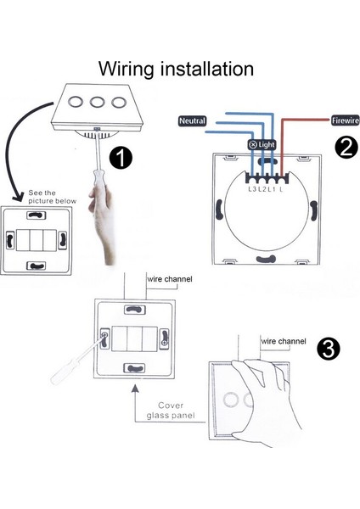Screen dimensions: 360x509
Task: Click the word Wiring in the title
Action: pyautogui.click(x=126, y=70)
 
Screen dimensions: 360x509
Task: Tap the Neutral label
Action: pyautogui.click(x=193, y=120)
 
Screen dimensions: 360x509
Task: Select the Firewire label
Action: pyautogui.click(x=345, y=120)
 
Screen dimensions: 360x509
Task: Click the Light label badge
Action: pyautogui.click(x=262, y=144)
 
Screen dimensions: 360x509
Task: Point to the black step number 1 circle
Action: pyautogui.click(x=121, y=158)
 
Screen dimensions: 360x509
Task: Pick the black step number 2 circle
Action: pyautogui.click(x=346, y=148)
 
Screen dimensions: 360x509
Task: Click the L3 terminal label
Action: pyautogui.click(x=252, y=189)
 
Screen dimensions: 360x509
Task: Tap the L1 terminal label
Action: pyautogui.click(x=272, y=189)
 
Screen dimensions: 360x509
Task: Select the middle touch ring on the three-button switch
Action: pyautogui.click(x=97, y=102)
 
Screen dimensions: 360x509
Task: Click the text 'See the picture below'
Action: pyautogui.click(x=52, y=197)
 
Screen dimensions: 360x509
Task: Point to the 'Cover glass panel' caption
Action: pyautogui.click(x=171, y=411)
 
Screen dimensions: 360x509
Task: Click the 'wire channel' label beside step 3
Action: pyautogui.click(x=284, y=341)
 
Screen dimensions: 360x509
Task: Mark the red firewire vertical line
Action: pyautogui.click(x=281, y=147)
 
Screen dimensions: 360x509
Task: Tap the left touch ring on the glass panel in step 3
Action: pyautogui.click(x=231, y=399)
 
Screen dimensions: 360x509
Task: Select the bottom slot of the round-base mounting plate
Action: pyautogui.click(x=266, y=259)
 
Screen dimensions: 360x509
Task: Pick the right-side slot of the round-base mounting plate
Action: pyautogui.click(x=313, y=210)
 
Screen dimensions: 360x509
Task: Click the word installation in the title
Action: pyautogui.click(x=207, y=70)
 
